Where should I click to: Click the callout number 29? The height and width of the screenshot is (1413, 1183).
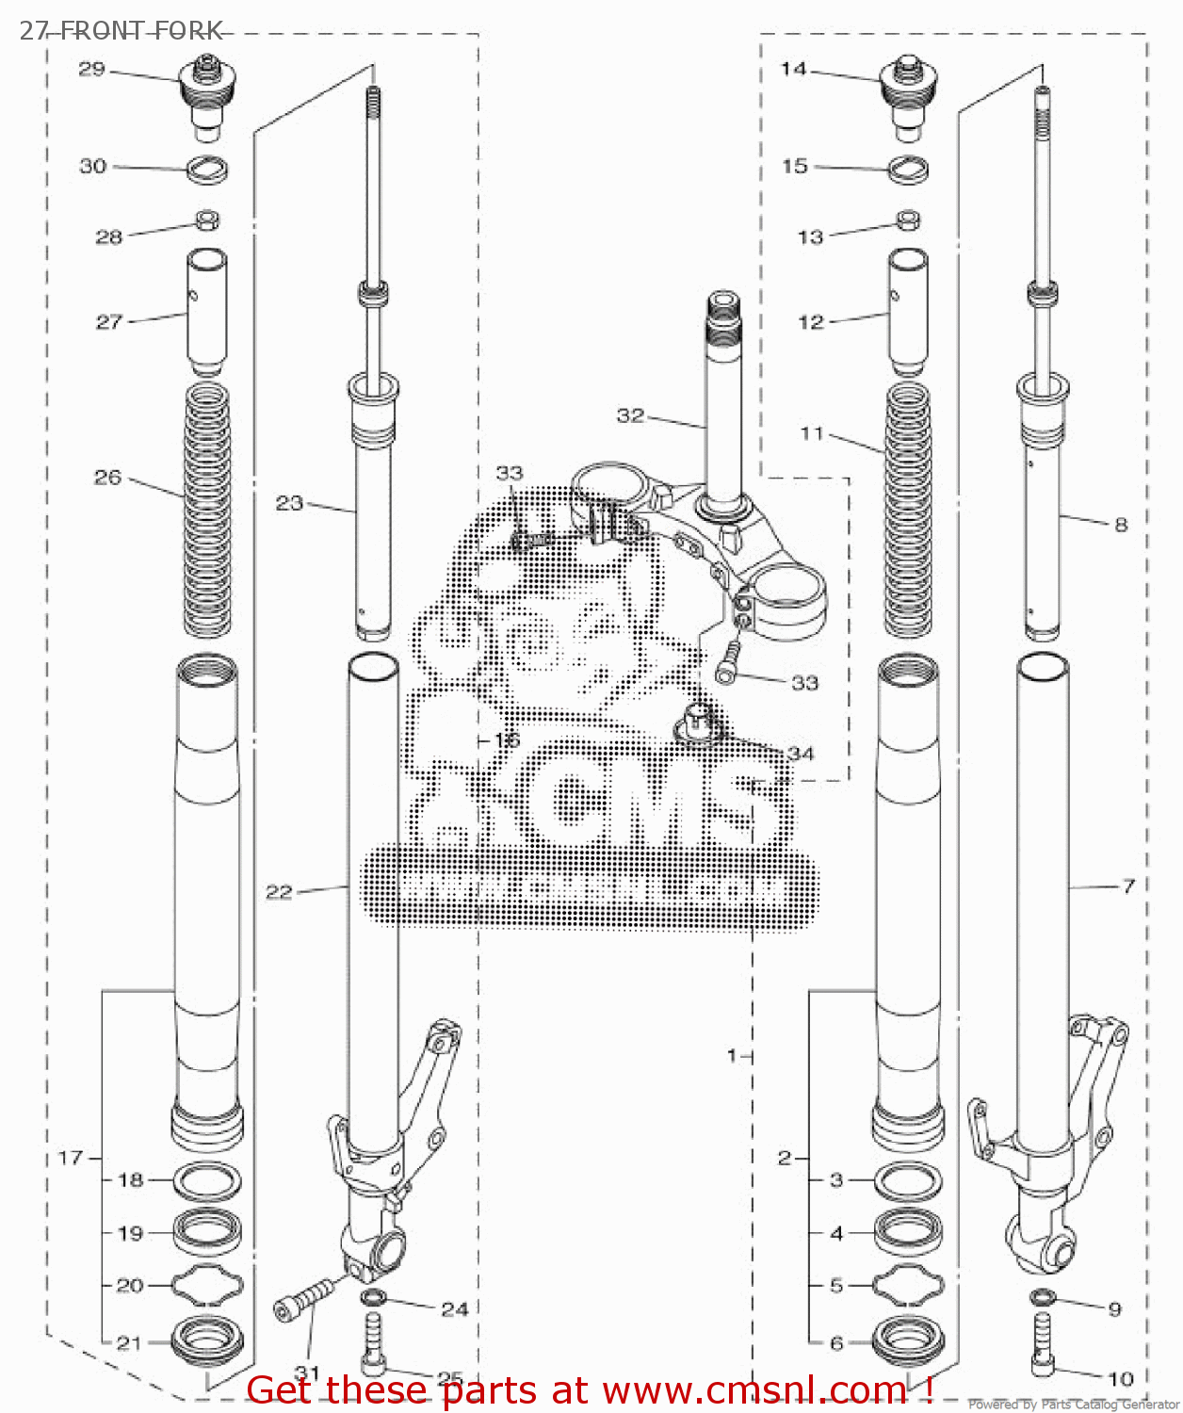point(91,70)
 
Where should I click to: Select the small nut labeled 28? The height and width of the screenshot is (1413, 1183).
point(207,220)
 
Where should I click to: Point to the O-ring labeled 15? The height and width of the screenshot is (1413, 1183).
point(909,170)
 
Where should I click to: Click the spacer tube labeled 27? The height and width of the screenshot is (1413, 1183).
point(207,311)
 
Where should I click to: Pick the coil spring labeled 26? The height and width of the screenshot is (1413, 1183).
point(207,509)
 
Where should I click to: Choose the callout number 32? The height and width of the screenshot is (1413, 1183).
point(630,415)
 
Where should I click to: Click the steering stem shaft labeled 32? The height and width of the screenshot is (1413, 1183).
point(721,405)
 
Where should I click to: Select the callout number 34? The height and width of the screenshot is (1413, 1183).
point(801,754)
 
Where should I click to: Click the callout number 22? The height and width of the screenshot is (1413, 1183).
point(279,891)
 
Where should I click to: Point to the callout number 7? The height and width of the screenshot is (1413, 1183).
point(1127,885)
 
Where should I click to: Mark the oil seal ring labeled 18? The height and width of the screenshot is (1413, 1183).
point(207,1179)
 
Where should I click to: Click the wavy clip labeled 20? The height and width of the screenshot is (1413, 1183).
point(207,1285)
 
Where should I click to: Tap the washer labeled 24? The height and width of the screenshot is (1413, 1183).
point(373,1298)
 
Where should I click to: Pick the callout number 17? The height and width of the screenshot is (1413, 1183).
point(71,1157)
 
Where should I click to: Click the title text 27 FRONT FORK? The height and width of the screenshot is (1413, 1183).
point(121,30)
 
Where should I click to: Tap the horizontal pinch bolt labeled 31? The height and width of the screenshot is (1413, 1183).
point(307,1300)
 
